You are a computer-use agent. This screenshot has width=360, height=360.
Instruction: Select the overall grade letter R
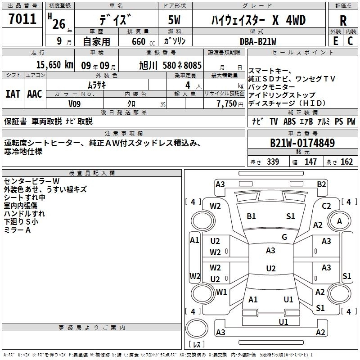343,21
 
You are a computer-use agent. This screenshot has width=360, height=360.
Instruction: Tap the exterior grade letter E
335,41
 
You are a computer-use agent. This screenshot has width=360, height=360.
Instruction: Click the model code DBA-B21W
252,41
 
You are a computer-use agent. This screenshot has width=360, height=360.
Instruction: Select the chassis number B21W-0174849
302,143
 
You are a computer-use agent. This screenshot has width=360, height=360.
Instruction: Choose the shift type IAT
13,94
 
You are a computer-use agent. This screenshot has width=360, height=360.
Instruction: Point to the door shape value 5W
175,20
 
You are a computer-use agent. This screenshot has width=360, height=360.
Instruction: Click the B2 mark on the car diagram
321,184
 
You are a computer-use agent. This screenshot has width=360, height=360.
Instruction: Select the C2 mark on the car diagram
327,206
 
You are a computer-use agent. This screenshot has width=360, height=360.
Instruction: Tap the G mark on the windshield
284,237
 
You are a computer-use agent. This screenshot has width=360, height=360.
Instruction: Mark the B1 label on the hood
251,216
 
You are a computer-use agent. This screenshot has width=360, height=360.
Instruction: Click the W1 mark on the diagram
221,292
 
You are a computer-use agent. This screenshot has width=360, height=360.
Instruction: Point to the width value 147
310,162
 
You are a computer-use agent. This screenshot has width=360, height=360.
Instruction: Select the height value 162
346,162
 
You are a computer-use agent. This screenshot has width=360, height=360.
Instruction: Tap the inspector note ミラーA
17,230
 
